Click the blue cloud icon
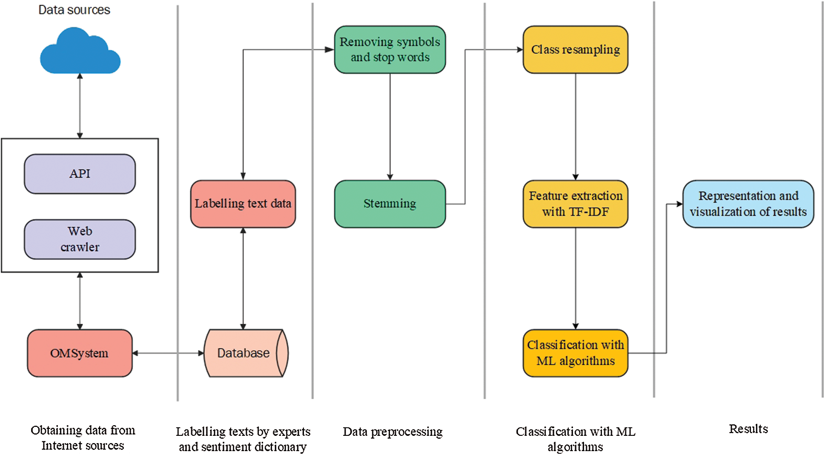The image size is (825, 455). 80,52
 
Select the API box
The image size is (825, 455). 80,174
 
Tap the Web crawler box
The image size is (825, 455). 80,239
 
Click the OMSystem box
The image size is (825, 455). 80,353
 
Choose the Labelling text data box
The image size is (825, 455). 243,204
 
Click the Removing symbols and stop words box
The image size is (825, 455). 390,49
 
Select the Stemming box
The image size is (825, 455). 390,204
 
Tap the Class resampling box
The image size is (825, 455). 575,49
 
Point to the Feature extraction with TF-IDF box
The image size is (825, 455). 575,204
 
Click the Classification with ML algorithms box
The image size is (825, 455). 575,353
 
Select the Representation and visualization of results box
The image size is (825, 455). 748,204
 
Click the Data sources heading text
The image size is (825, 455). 74,10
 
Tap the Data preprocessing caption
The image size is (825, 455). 392,432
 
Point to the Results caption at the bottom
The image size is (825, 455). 748,429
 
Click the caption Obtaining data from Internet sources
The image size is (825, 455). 83,438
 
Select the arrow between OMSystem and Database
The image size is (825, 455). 168,353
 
